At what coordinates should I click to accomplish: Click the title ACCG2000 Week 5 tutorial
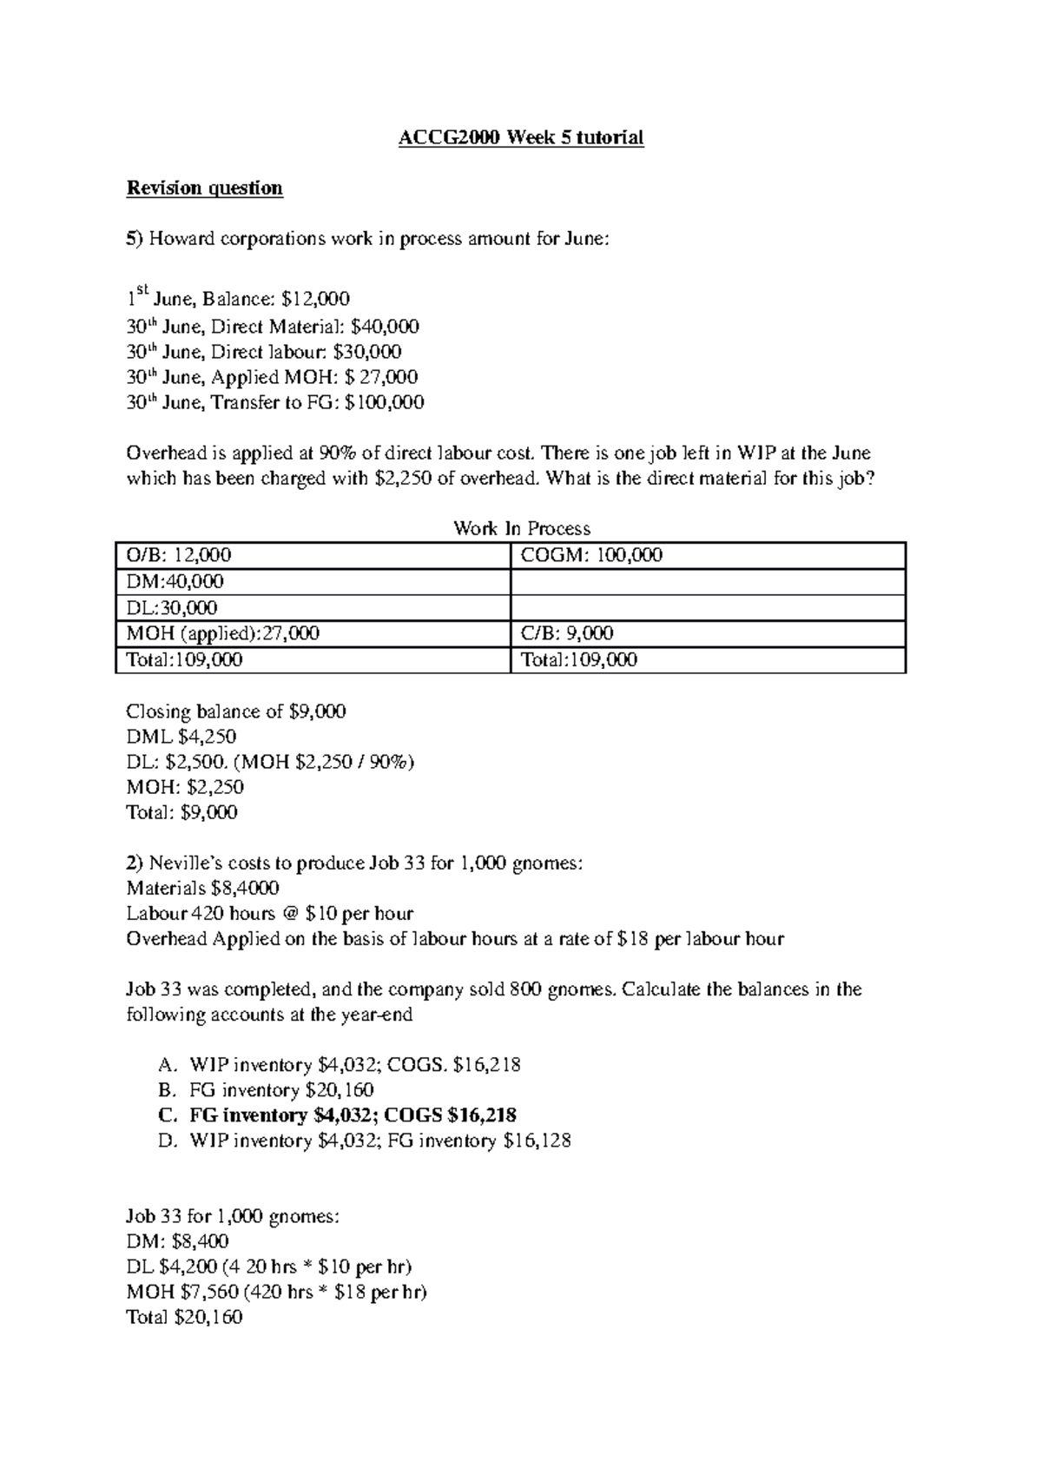[x=520, y=137]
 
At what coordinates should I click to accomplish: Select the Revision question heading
[x=204, y=188]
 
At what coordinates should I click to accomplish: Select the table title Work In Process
[x=521, y=528]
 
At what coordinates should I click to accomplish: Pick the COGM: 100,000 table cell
[x=590, y=555]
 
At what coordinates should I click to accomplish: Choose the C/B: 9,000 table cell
[x=566, y=633]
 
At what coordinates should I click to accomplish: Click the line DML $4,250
[x=181, y=737]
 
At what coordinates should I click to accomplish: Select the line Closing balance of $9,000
[x=235, y=711]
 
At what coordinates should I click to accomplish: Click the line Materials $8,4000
[x=202, y=888]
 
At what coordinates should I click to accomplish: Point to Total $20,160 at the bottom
[x=184, y=1317]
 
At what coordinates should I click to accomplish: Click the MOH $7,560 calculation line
[x=276, y=1292]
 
